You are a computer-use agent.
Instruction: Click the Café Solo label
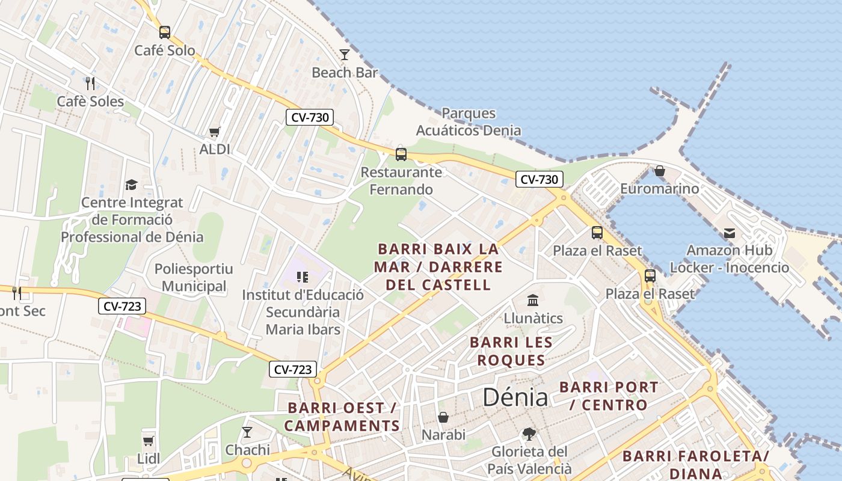[164, 51]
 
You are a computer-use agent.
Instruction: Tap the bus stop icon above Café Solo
[164, 32]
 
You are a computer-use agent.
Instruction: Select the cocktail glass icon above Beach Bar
[345, 55]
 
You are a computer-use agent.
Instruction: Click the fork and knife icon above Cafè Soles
[90, 83]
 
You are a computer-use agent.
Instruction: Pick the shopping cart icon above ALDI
[215, 132]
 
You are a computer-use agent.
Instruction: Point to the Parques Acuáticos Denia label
[469, 121]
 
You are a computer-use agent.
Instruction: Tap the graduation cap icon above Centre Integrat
[131, 185]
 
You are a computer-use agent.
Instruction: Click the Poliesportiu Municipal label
[194, 277]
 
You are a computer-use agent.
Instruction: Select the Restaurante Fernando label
[401, 181]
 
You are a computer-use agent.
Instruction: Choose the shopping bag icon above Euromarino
[660, 171]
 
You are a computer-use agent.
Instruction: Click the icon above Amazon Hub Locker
[730, 233]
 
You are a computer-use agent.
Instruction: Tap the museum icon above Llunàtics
[533, 300]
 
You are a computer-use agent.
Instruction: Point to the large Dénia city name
[515, 397]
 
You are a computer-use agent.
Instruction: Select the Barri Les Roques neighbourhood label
[511, 351]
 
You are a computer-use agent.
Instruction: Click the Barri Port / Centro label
[609, 396]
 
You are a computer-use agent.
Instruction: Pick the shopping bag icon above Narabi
[443, 417]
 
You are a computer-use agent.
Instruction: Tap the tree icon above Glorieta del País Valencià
[529, 434]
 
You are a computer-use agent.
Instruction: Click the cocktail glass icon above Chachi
[247, 432]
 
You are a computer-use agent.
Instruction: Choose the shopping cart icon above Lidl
[149, 441]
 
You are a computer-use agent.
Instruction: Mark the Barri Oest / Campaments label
[343, 417]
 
